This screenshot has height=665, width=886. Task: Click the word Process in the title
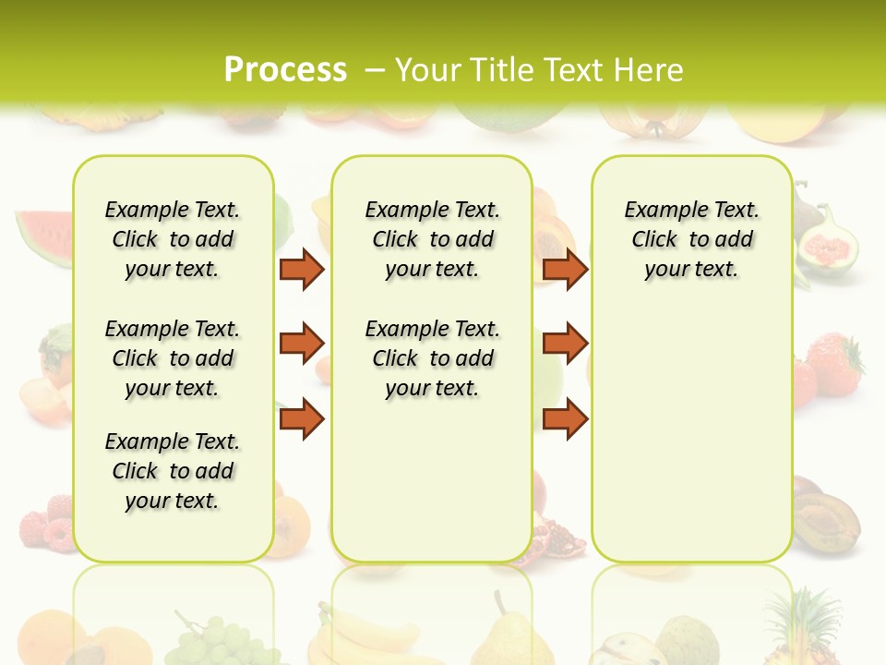(x=285, y=69)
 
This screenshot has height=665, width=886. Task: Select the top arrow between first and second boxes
(x=302, y=269)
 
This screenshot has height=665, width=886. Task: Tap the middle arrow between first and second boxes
(x=302, y=344)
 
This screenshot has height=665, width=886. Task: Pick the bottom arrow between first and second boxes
(x=302, y=419)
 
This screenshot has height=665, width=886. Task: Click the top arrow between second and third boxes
(x=565, y=269)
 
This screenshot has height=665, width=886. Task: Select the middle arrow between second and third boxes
(x=565, y=344)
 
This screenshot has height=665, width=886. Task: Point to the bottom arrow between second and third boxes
(x=565, y=419)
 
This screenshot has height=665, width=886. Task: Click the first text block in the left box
(x=173, y=239)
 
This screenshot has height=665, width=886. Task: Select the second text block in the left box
(x=173, y=358)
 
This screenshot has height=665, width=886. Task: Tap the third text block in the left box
(x=173, y=471)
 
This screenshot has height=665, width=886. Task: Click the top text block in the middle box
(x=432, y=239)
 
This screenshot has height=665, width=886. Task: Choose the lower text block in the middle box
(x=432, y=358)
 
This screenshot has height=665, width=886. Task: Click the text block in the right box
(x=691, y=239)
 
